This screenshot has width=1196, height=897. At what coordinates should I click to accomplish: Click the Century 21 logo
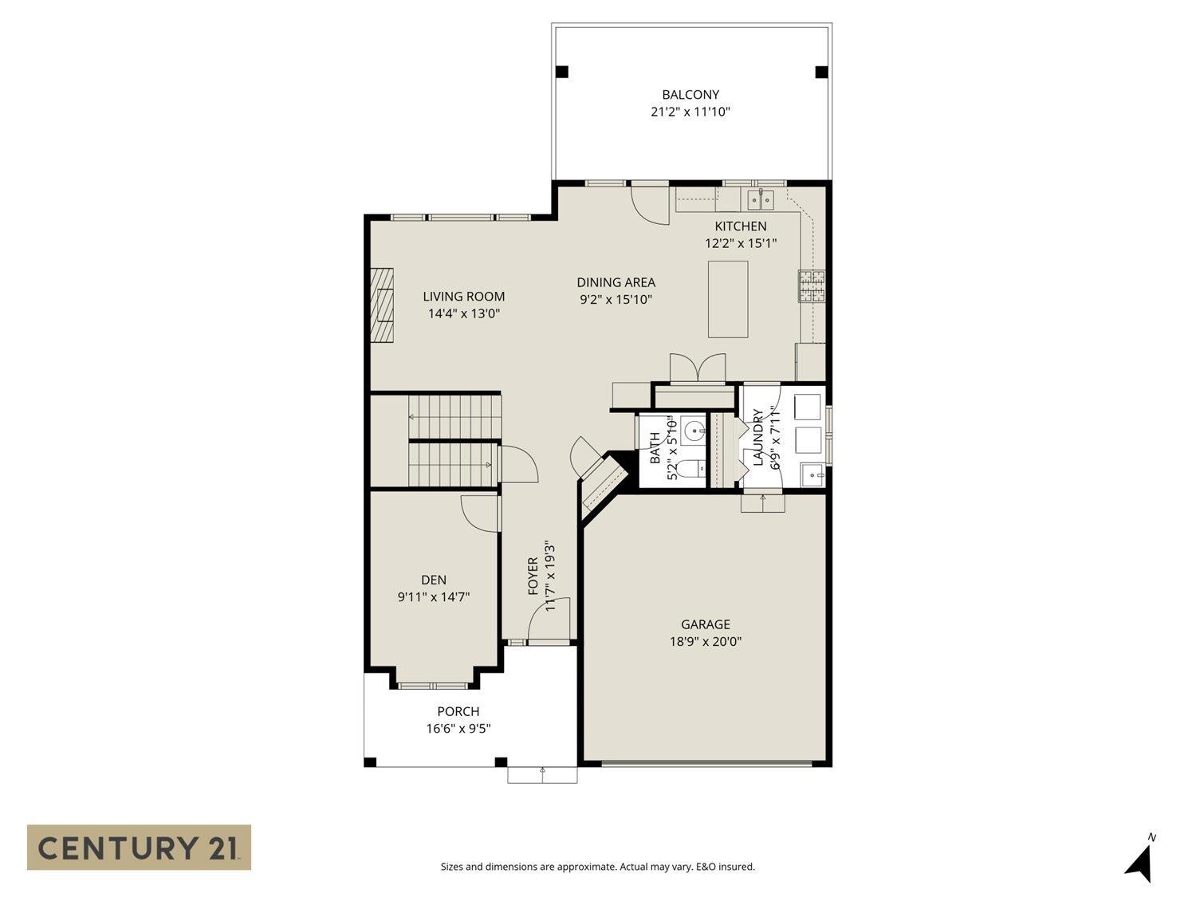(x=139, y=847)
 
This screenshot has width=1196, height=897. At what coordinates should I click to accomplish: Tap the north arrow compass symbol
(x=1141, y=861)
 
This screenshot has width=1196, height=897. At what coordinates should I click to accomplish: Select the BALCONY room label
(x=690, y=95)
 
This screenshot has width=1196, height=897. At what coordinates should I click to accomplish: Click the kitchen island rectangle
(x=728, y=299)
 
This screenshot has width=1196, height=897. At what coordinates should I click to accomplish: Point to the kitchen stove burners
(x=812, y=286)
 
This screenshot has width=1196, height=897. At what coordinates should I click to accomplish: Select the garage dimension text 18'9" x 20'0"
(x=705, y=642)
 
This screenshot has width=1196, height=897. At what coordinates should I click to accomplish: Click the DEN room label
(x=434, y=580)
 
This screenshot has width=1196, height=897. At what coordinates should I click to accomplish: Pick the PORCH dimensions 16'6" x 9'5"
(x=458, y=728)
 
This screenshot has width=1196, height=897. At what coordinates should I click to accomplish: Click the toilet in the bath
(x=695, y=470)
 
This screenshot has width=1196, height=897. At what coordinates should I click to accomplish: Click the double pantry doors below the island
(x=698, y=369)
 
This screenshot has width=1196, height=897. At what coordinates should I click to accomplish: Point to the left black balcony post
(x=562, y=72)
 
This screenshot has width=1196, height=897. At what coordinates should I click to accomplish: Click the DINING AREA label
(x=616, y=282)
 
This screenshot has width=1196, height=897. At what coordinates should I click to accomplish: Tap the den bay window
(x=434, y=685)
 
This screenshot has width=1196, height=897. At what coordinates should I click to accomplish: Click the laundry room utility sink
(x=813, y=474)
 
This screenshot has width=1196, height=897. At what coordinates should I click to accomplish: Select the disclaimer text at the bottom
(x=597, y=867)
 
